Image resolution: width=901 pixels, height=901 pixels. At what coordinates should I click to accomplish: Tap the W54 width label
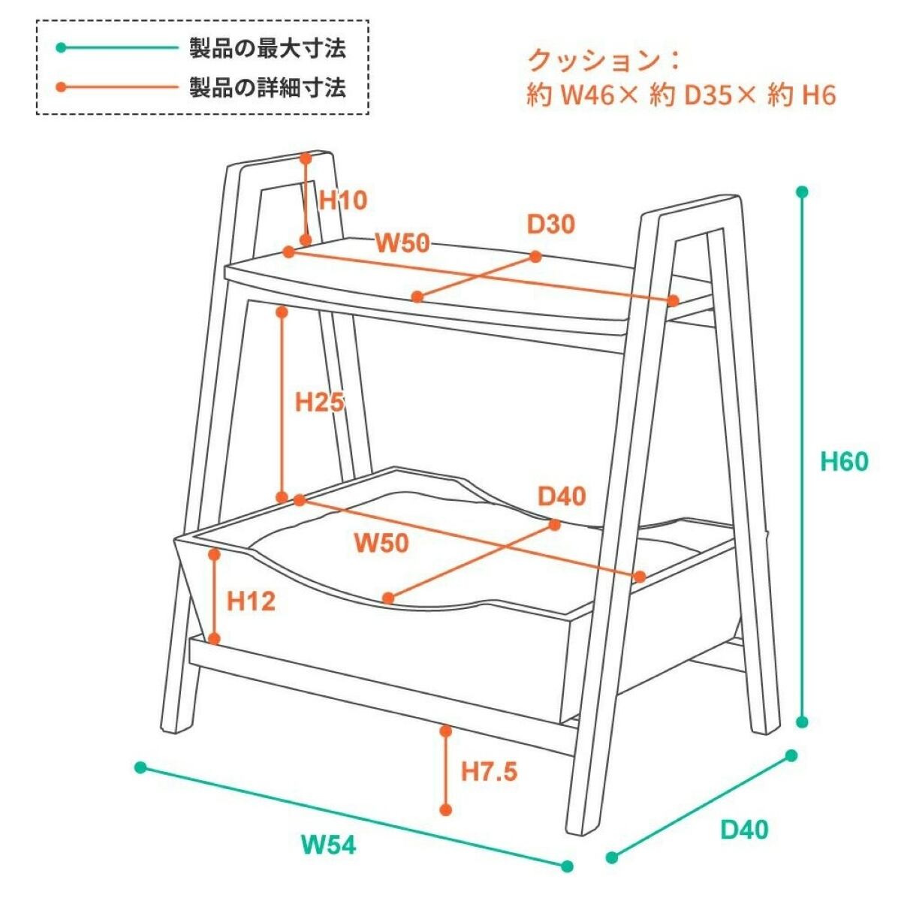coord(328,845)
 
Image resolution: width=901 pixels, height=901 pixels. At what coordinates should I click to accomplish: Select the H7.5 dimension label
coord(489,771)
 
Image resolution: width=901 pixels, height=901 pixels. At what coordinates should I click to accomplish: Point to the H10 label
coord(343,200)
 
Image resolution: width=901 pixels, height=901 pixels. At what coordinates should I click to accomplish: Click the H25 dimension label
coord(319,402)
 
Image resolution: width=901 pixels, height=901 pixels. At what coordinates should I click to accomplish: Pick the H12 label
coord(252,601)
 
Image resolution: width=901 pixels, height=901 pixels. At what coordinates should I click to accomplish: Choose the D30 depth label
coord(550,224)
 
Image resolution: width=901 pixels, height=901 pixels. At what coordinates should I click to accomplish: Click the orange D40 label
coord(562,496)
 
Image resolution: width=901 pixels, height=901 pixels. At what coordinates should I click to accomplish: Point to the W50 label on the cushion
coord(381,542)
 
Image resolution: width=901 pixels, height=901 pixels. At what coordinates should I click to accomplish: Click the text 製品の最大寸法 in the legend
coord(267,49)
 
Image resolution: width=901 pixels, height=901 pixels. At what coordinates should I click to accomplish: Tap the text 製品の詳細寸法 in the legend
coord(267,88)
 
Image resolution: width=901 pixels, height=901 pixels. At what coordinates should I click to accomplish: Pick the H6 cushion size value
coord(818,95)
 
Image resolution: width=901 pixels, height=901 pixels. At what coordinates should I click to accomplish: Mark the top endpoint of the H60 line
coord(802,192)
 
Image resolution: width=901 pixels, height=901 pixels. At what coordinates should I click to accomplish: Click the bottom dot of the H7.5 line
coord(446,809)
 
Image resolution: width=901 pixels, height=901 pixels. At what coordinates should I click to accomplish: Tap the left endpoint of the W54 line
coord(140,767)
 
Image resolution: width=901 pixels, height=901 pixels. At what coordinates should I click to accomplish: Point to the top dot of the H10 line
coord(306,158)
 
